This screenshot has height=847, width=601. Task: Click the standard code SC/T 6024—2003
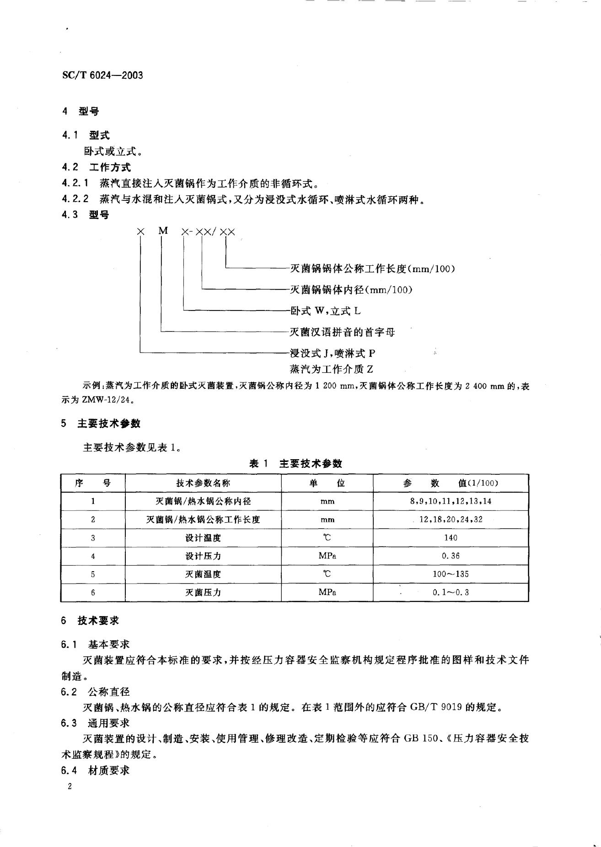click(x=102, y=75)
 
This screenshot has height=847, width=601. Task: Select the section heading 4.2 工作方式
click(x=96, y=167)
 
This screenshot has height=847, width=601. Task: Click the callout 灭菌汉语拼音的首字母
click(x=342, y=332)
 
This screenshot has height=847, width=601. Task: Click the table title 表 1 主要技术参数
click(x=295, y=463)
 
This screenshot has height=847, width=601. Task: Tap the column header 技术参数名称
click(x=203, y=483)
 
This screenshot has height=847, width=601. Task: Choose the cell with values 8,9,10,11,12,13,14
click(x=451, y=501)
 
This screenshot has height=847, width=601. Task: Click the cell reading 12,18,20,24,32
click(x=451, y=520)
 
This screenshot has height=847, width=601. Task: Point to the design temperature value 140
click(x=451, y=538)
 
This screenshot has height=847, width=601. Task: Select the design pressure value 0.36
click(x=451, y=556)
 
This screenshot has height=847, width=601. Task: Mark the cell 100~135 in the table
click(x=451, y=574)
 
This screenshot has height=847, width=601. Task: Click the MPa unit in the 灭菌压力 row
click(x=327, y=592)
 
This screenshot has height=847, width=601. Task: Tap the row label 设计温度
click(x=203, y=538)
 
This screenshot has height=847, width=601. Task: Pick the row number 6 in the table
click(x=93, y=592)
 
